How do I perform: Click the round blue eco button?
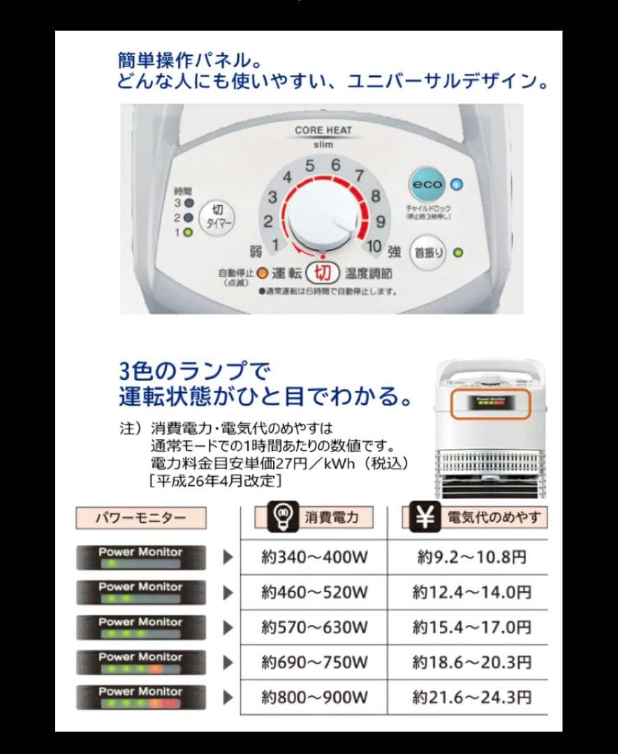pos(427,184)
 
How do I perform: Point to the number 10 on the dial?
pos(374,246)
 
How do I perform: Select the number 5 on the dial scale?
pos(310,166)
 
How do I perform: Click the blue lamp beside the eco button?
pos(457,184)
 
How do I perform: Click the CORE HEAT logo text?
pos(323,130)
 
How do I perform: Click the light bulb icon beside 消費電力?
pos(284,517)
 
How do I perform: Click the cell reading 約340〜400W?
pos(314,557)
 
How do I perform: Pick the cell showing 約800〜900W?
pos(314,697)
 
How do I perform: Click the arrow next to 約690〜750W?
pos(228,662)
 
